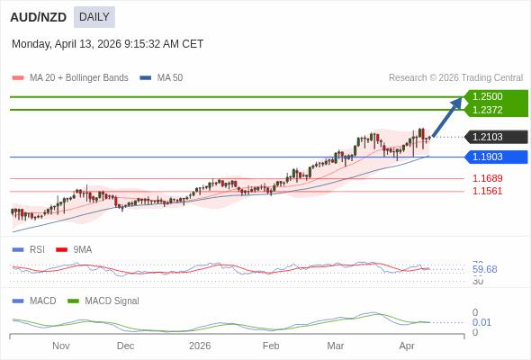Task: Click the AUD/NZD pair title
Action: pyautogui.click(x=39, y=17)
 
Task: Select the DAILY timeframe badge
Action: pyautogui.click(x=94, y=17)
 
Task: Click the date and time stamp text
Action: pyautogui.click(x=107, y=44)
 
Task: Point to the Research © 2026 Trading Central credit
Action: pyautogui.click(x=455, y=78)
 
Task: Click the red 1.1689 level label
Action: pyautogui.click(x=488, y=178)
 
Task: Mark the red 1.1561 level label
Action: pyautogui.click(x=488, y=191)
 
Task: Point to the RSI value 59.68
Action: pyautogui.click(x=484, y=269)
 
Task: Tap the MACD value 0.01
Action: pyautogui.click(x=481, y=322)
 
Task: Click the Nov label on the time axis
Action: pyautogui.click(x=61, y=346)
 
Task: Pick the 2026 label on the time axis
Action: pyautogui.click(x=200, y=346)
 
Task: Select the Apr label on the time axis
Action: pyautogui.click(x=407, y=346)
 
